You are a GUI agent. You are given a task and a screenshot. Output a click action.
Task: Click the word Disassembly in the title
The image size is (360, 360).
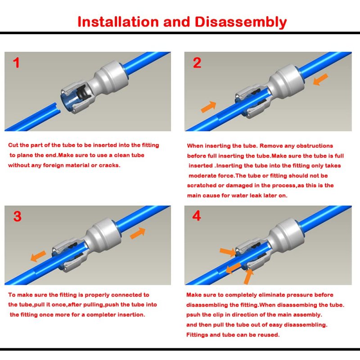(241, 22)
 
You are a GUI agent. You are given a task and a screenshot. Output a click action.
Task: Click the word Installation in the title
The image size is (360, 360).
(118, 22)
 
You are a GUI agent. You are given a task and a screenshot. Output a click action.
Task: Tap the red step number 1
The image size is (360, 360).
(16, 63)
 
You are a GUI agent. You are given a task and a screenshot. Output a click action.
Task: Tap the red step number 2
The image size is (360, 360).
(197, 63)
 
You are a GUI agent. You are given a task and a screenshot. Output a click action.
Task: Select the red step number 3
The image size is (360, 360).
(18, 216)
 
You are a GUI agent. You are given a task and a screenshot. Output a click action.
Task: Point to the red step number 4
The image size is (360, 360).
(197, 216)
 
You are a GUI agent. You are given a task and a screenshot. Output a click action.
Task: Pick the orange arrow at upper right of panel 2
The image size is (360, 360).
(320, 80)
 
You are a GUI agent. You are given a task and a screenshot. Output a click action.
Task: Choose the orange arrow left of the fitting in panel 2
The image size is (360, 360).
(208, 107)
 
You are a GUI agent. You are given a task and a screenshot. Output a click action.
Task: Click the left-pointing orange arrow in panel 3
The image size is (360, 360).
(38, 256)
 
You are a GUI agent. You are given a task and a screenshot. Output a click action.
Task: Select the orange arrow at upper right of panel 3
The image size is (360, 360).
(138, 233)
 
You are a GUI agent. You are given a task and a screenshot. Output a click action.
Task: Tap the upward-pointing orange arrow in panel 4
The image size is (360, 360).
(248, 276)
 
